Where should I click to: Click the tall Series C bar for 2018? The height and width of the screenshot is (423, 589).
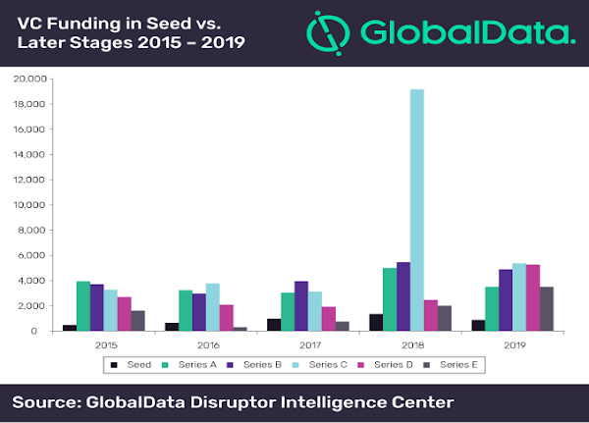tap(416, 210)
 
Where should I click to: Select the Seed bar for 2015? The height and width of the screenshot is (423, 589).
tap(70, 327)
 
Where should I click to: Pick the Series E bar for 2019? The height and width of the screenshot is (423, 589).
tap(547, 308)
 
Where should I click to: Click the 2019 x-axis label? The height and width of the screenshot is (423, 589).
tap(513, 345)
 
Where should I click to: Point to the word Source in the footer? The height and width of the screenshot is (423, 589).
tap(48, 402)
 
